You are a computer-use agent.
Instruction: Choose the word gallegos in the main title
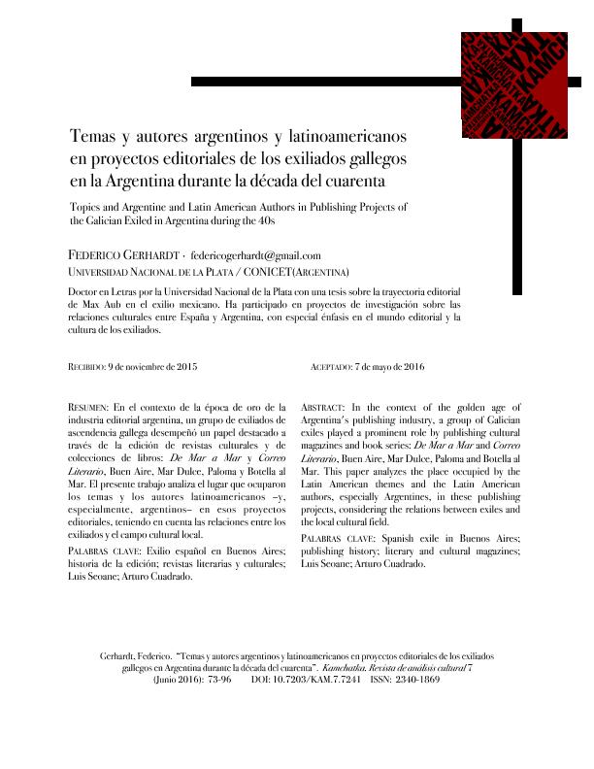coord(378,157)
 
